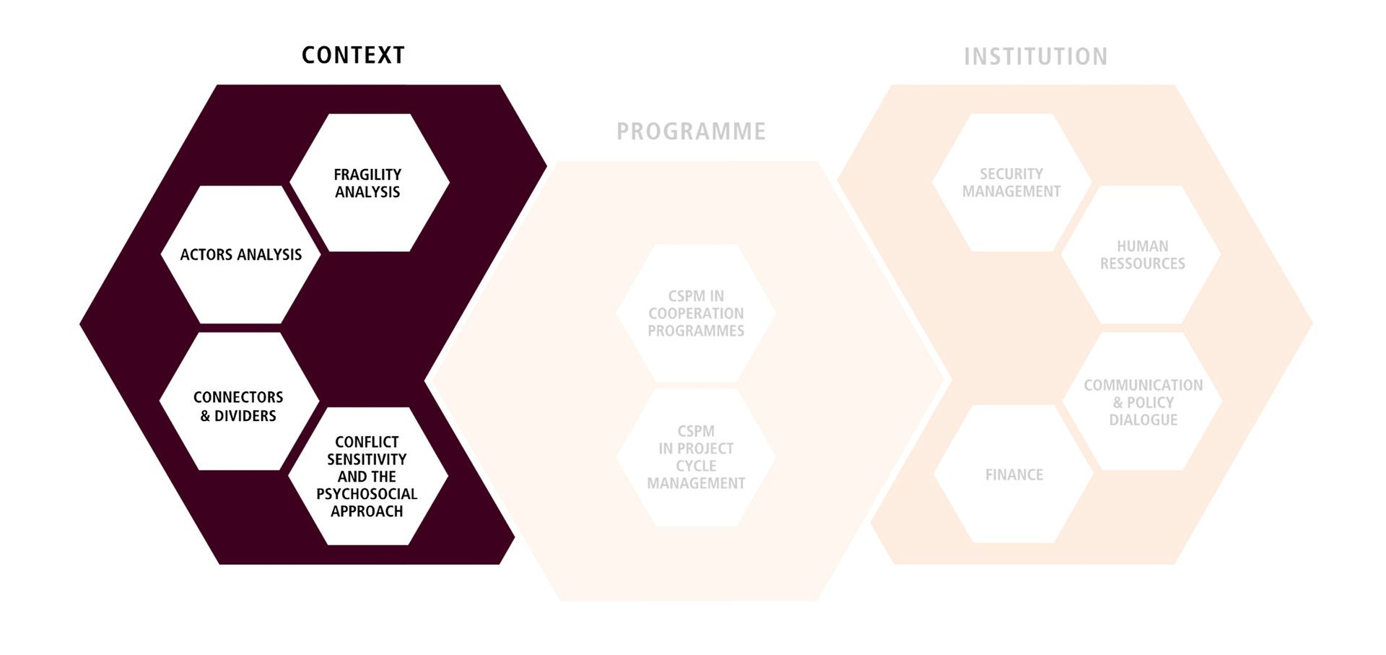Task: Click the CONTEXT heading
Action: pos(353,56)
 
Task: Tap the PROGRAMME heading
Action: pos(691,131)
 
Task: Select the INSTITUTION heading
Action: pos(1035,56)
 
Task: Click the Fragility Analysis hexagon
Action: pos(369,183)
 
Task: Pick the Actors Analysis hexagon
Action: pos(240,254)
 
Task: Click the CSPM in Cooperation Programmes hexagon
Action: pos(696,313)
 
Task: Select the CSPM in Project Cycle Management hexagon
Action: pos(696,457)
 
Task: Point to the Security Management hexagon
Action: pos(1011,183)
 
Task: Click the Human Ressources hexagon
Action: pos(1142,255)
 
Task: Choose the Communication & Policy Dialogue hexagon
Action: pos(1143,402)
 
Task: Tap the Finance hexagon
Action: pos(1014,474)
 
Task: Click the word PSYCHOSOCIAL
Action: pos(367,494)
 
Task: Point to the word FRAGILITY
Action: pos(367,175)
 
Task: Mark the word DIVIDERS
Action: pos(245,416)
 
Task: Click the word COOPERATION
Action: pos(696,313)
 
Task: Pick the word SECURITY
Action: pos(1011,174)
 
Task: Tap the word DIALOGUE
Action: pos(1143,420)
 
